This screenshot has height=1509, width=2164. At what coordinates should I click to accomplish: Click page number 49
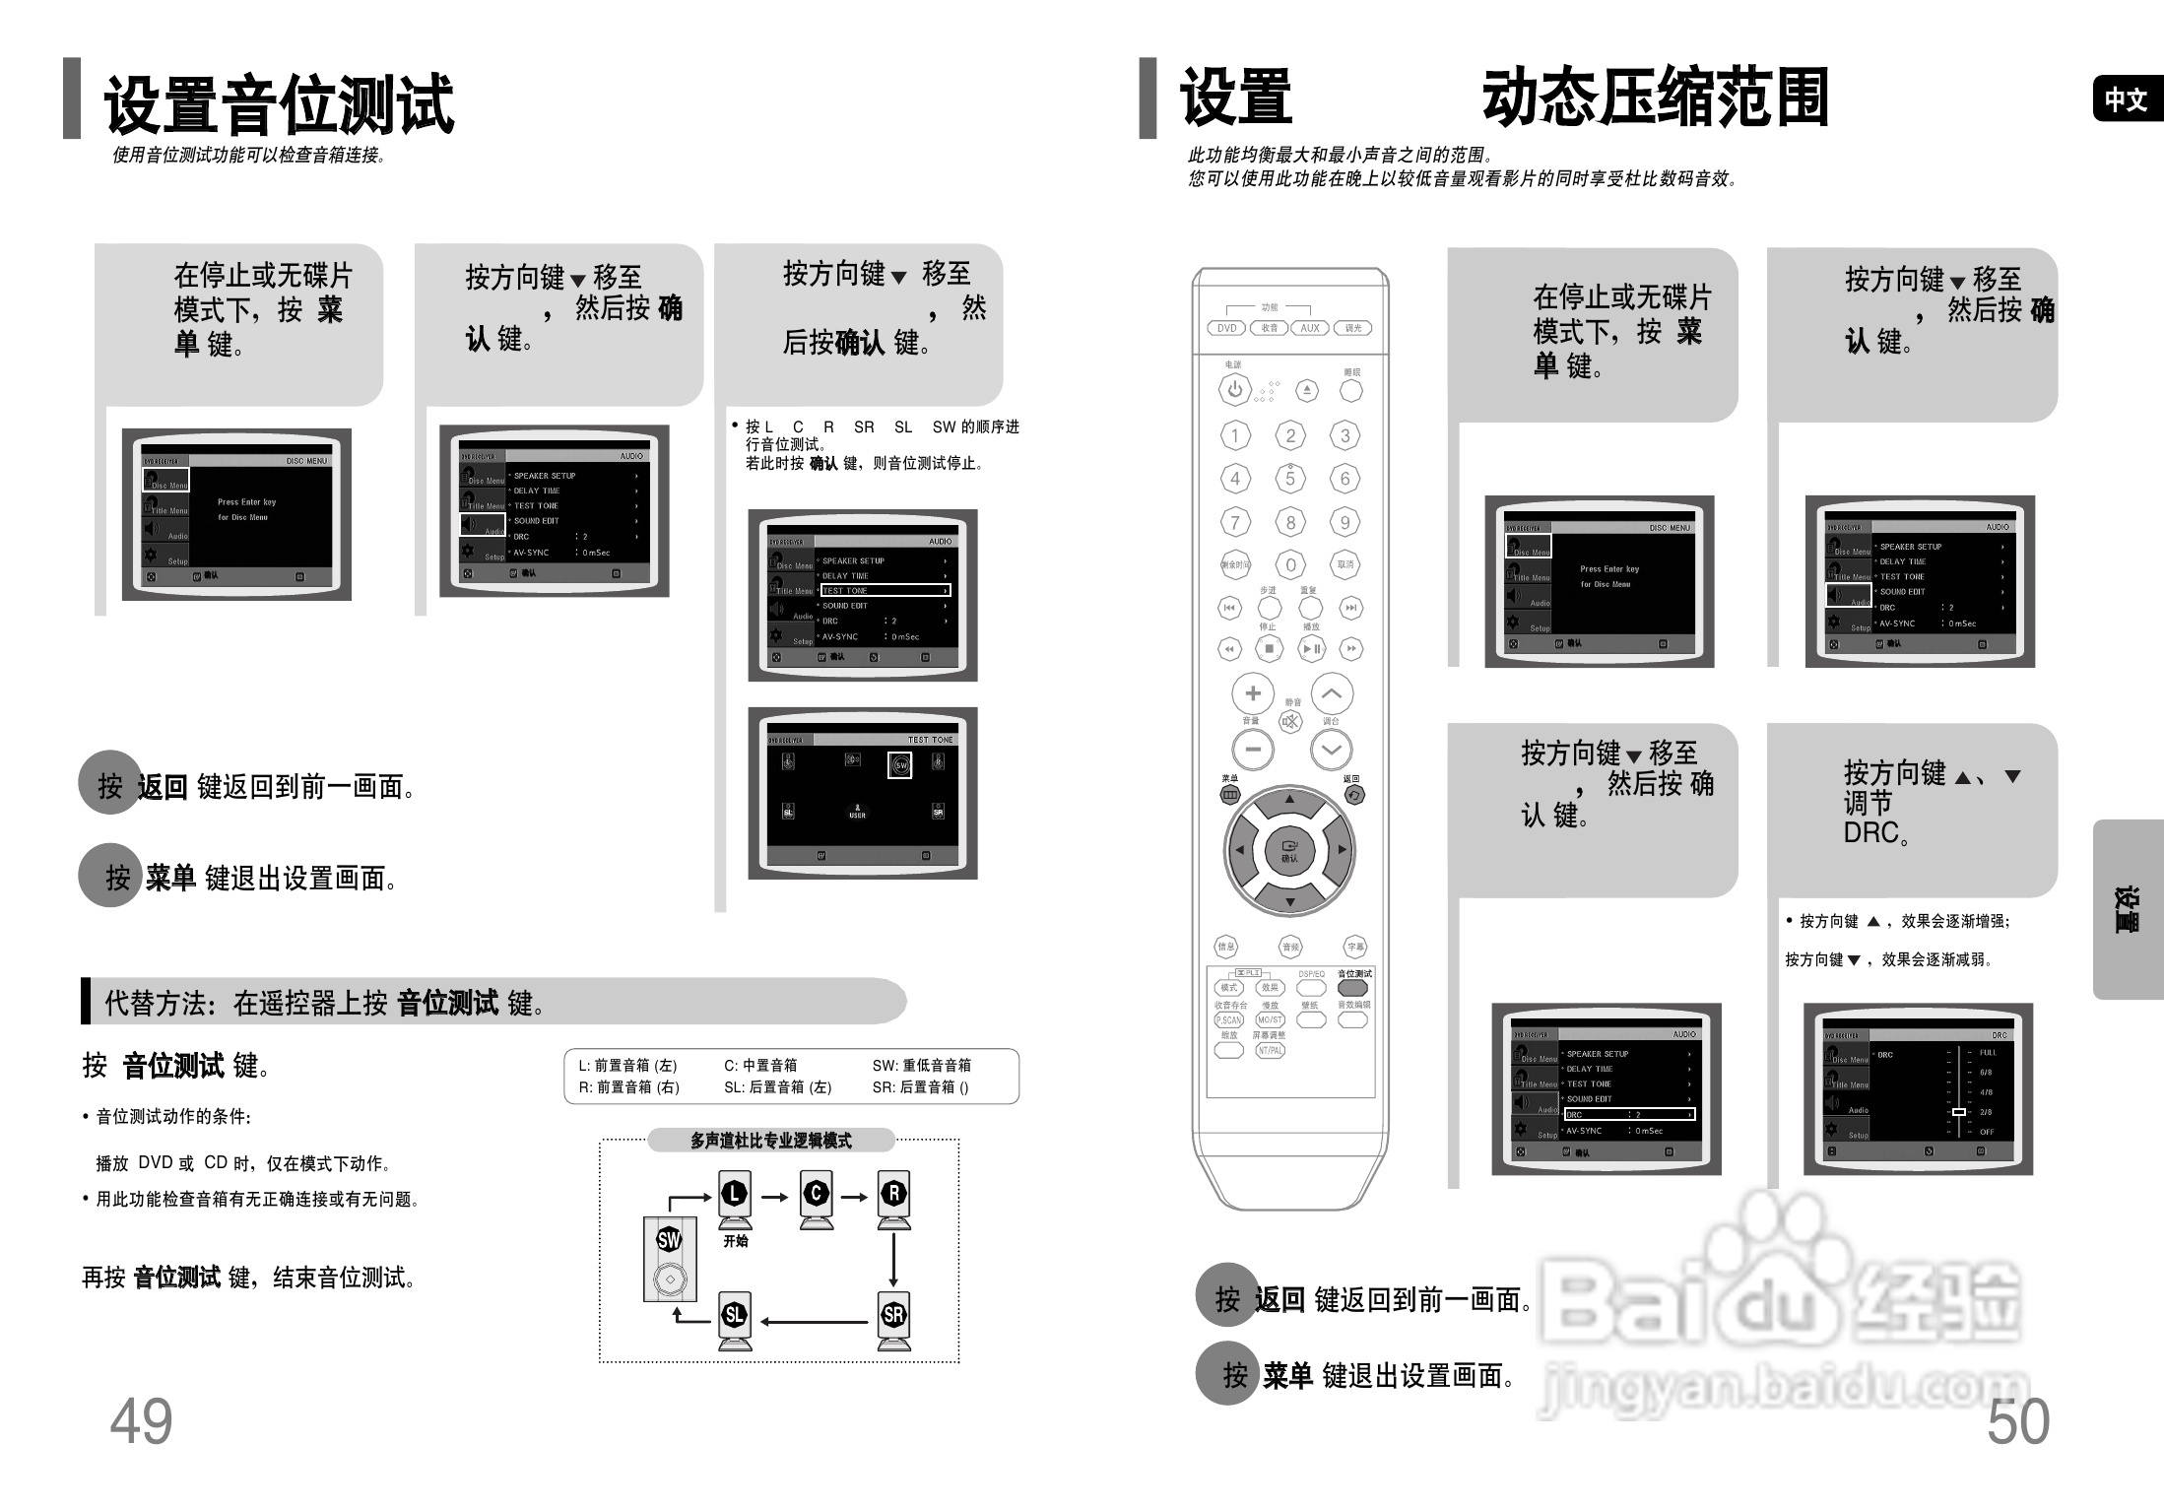pyautogui.click(x=141, y=1421)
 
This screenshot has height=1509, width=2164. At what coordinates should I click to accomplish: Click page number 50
pyautogui.click(x=2017, y=1421)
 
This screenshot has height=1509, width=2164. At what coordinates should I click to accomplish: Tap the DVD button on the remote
pyautogui.click(x=1226, y=328)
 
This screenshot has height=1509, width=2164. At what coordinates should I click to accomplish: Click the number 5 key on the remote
pyautogui.click(x=1290, y=479)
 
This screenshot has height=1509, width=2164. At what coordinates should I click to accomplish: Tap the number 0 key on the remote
pyautogui.click(x=1290, y=564)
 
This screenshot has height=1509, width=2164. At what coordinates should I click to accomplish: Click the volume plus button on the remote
pyautogui.click(x=1253, y=693)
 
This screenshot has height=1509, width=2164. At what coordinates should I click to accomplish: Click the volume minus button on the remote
pyautogui.click(x=1253, y=750)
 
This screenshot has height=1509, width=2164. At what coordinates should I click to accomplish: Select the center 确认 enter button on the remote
pyautogui.click(x=1289, y=850)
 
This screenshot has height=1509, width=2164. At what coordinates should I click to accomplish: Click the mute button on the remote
pyautogui.click(x=1290, y=721)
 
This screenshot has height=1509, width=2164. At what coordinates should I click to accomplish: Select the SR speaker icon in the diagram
pyautogui.click(x=893, y=1317)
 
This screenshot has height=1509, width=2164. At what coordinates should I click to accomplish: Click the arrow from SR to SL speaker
pyautogui.click(x=814, y=1322)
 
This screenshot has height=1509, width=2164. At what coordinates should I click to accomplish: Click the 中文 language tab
pyautogui.click(x=2126, y=99)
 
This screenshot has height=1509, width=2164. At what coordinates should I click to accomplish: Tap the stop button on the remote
pyautogui.click(x=1269, y=648)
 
